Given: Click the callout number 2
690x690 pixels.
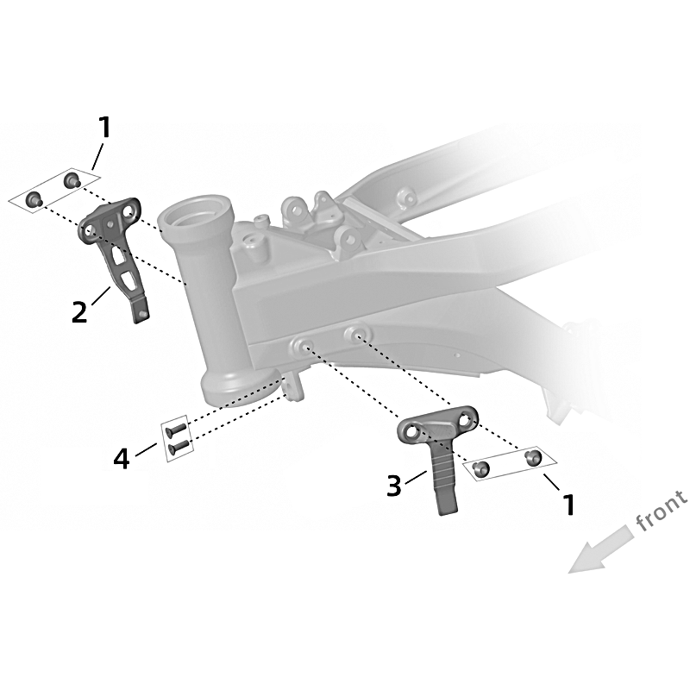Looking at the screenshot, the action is pos(79,313).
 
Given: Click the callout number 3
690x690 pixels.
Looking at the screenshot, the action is pos(394,486).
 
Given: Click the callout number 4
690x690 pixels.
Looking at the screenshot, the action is pos(122,460).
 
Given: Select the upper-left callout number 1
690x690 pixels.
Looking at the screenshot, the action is pos(103,127).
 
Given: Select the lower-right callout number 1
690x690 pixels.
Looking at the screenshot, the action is pos(569,505).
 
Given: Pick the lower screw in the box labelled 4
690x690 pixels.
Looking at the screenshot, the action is pos(179,446).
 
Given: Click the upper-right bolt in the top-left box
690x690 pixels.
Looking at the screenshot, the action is pos(72,180).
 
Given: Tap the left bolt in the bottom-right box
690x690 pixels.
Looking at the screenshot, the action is pos(480,469).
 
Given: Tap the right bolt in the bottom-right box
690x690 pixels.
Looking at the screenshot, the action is pos(533,457).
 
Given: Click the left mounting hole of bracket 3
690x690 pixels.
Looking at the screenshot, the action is pos(411,432).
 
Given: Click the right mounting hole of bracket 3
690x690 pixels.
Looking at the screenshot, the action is pos(465,420).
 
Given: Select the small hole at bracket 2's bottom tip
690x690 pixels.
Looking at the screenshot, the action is pos(142,313).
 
